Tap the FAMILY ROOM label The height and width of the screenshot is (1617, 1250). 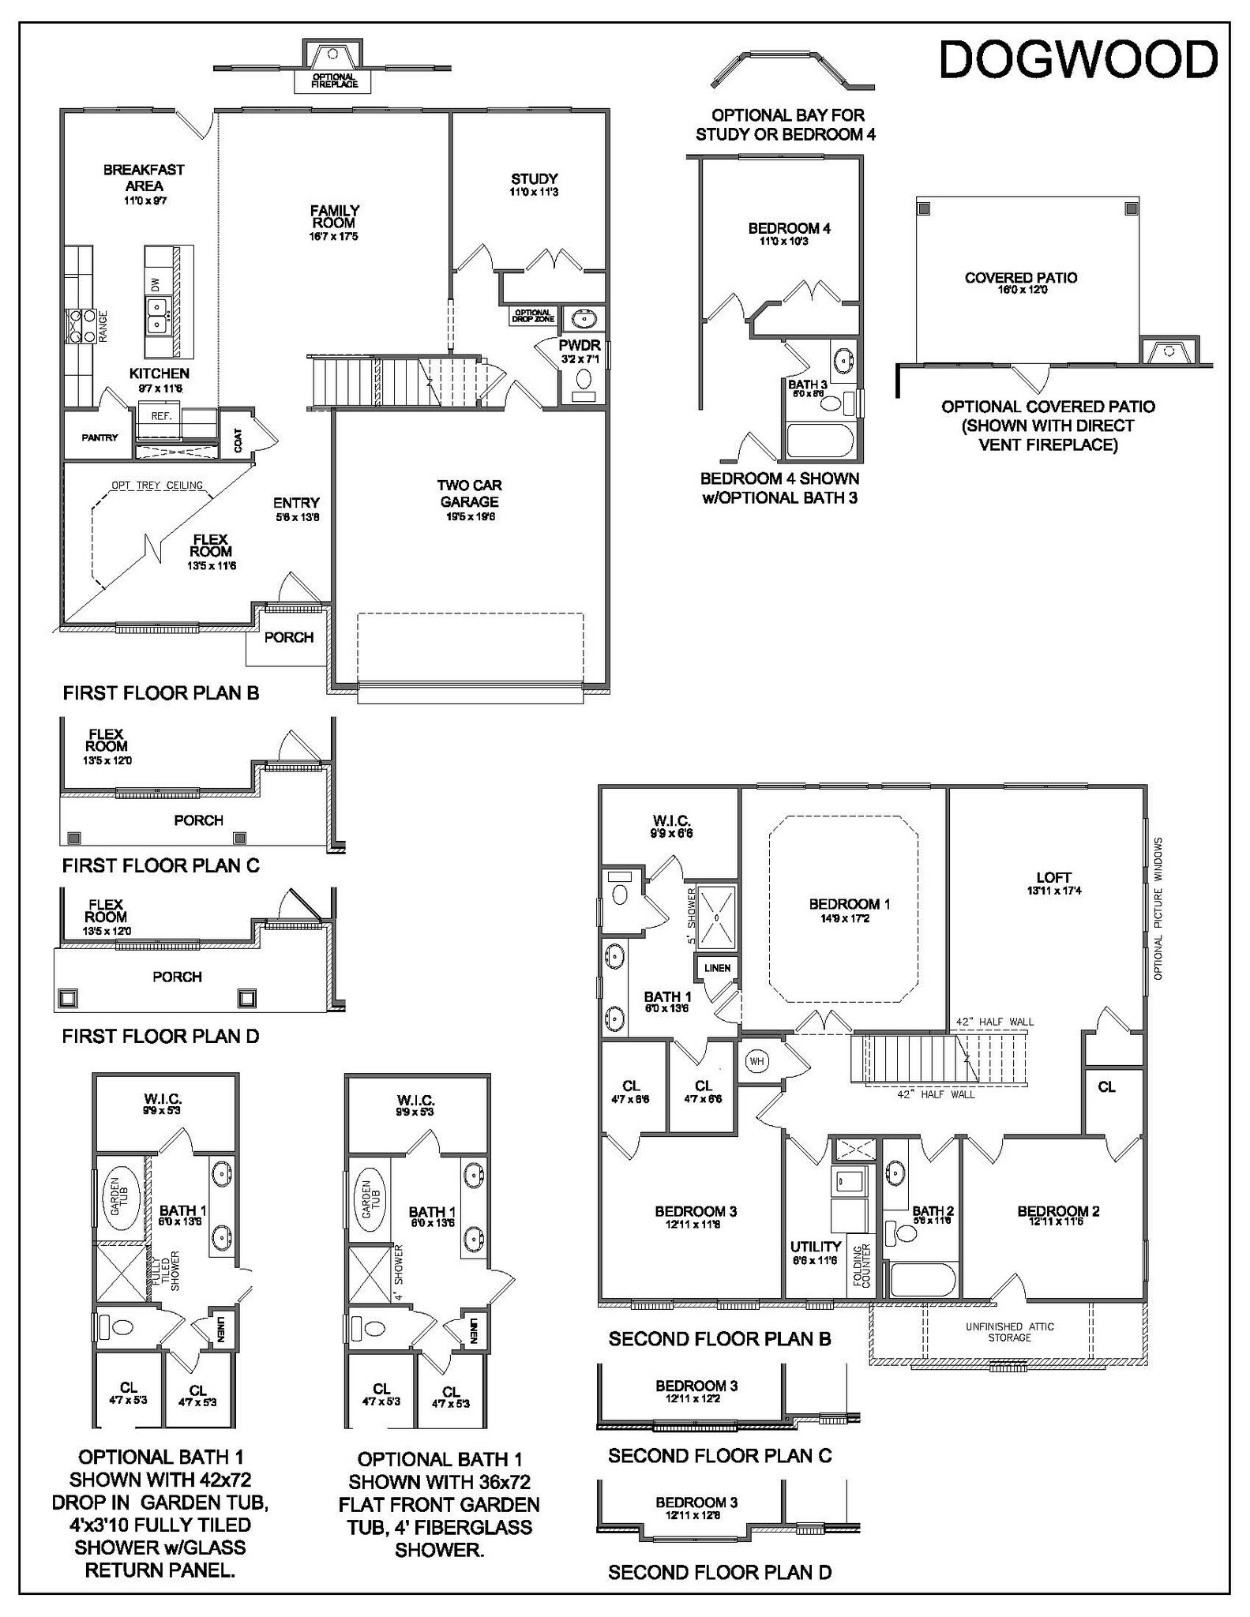pyautogui.click(x=334, y=217)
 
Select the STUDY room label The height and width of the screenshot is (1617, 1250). pyautogui.click(x=534, y=179)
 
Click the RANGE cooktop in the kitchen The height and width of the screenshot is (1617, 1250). pyautogui.click(x=77, y=326)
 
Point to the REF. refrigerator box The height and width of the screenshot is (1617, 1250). pyautogui.click(x=161, y=415)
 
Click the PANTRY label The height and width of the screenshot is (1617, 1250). pyautogui.click(x=99, y=437)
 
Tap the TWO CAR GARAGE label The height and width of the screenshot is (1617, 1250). pyautogui.click(x=470, y=493)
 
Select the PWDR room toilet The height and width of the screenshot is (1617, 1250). pyautogui.click(x=584, y=379)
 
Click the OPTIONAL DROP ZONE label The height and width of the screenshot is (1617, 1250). pyautogui.click(x=533, y=316)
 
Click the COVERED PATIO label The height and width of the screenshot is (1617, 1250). pyautogui.click(x=1020, y=278)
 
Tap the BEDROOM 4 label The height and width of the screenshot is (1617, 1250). pyautogui.click(x=789, y=229)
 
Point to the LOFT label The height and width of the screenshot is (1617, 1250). pyautogui.click(x=1053, y=877)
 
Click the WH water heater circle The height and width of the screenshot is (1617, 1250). pyautogui.click(x=756, y=1061)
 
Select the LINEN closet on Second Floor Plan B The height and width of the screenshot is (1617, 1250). pyautogui.click(x=717, y=968)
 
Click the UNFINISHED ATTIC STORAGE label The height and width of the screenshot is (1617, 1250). pyautogui.click(x=1009, y=1332)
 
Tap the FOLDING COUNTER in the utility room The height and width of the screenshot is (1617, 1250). pyautogui.click(x=861, y=1267)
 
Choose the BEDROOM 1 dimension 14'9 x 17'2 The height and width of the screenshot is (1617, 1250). pyautogui.click(x=850, y=918)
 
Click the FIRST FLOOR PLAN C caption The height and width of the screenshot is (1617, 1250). pyautogui.click(x=161, y=865)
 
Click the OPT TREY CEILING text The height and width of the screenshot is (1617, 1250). pyautogui.click(x=157, y=486)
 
